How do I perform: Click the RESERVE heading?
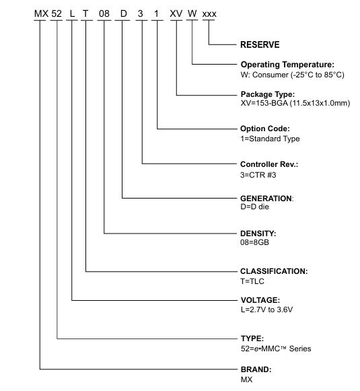(x=260, y=44)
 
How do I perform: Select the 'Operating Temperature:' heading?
(x=287, y=65)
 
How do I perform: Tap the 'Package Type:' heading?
(x=268, y=94)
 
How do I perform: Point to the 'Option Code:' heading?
(x=265, y=129)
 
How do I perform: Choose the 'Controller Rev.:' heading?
(x=269, y=164)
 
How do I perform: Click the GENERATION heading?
(x=267, y=199)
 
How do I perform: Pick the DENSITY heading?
(x=258, y=234)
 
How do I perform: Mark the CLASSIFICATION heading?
(x=274, y=271)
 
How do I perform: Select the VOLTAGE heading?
(x=260, y=300)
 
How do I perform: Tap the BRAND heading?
(x=256, y=369)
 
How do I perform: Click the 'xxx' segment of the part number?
(x=209, y=14)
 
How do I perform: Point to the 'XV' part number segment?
(x=176, y=13)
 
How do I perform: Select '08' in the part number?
(x=104, y=13)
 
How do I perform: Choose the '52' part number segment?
(x=57, y=13)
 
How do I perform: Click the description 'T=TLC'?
(x=252, y=281)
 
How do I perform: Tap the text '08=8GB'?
(x=254, y=242)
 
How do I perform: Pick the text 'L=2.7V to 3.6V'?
(x=266, y=310)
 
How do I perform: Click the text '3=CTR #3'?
(x=258, y=175)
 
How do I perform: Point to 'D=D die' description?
(x=254, y=207)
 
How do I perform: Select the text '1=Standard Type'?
(x=270, y=139)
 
